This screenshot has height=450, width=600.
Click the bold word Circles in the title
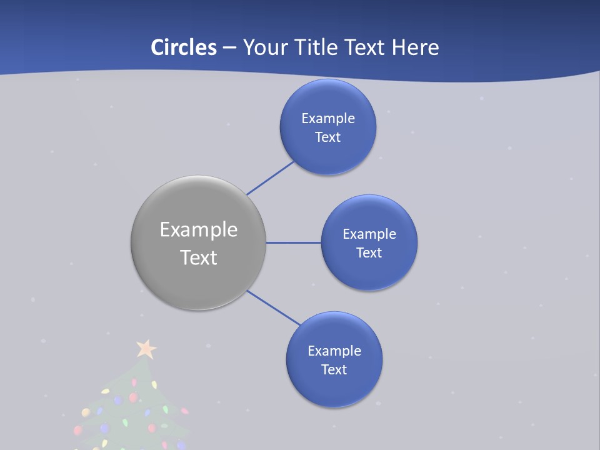[x=184, y=47]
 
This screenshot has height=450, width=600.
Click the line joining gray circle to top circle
[x=271, y=177]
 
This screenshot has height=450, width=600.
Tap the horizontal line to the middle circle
[x=294, y=242]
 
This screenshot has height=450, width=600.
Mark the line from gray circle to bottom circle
[x=274, y=307]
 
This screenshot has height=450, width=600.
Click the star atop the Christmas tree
[x=146, y=349]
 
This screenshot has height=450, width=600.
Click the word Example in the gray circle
[x=199, y=230]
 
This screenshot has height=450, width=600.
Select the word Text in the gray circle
[x=199, y=257]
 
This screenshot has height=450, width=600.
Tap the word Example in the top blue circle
[x=328, y=119]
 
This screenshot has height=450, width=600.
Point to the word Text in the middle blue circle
[x=369, y=253]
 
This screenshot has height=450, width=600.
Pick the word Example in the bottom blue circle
[x=334, y=351]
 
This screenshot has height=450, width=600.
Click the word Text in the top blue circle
[x=328, y=137]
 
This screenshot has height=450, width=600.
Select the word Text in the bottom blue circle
[x=334, y=370]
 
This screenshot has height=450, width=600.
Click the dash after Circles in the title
[x=229, y=48]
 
